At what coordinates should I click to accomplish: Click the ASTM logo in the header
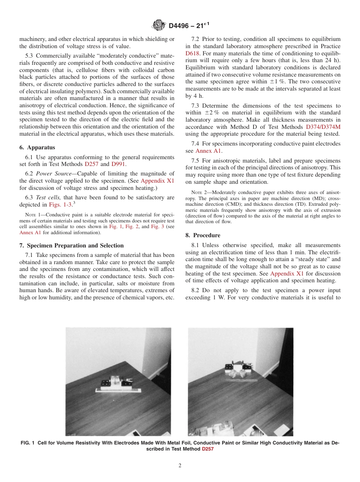point(158,25)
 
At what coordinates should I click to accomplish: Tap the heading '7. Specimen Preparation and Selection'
point(71,246)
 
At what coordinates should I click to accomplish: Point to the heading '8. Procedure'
point(203,235)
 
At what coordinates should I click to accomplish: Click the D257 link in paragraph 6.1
point(91,164)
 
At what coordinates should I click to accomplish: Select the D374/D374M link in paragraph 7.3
point(323,127)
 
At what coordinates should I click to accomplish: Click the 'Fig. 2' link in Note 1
point(133,226)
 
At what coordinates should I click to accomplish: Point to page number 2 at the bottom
point(180,466)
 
